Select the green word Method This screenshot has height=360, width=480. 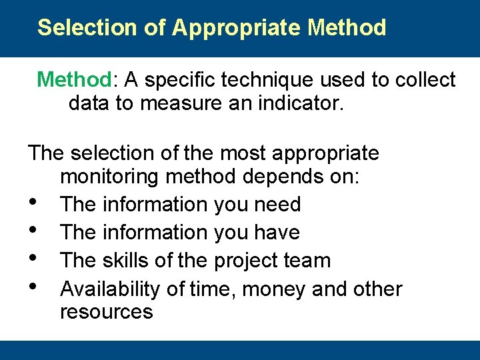75,80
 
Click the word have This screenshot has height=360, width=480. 277,233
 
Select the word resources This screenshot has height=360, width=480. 106,312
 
